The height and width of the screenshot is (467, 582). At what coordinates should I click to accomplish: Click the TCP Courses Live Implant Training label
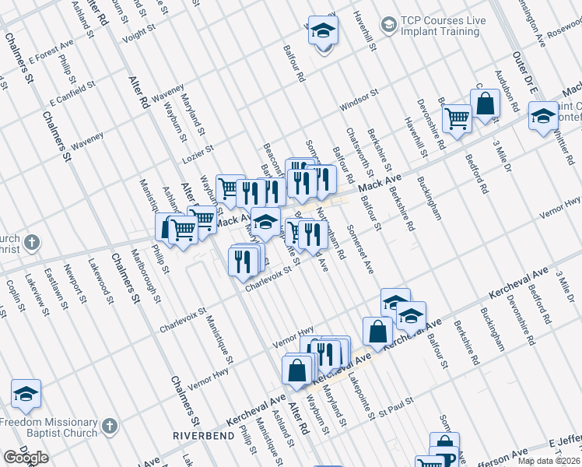coord(440,26)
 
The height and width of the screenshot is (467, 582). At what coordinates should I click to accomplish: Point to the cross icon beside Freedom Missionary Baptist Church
coord(109,427)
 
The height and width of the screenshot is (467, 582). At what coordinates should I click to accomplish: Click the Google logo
coord(26,458)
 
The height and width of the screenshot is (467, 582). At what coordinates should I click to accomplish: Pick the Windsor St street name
coord(358,100)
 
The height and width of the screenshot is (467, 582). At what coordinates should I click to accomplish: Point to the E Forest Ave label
coord(51,56)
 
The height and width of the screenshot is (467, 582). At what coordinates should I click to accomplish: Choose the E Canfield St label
coord(72,93)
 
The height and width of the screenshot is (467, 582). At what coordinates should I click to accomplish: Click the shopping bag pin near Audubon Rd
coord(485,104)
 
